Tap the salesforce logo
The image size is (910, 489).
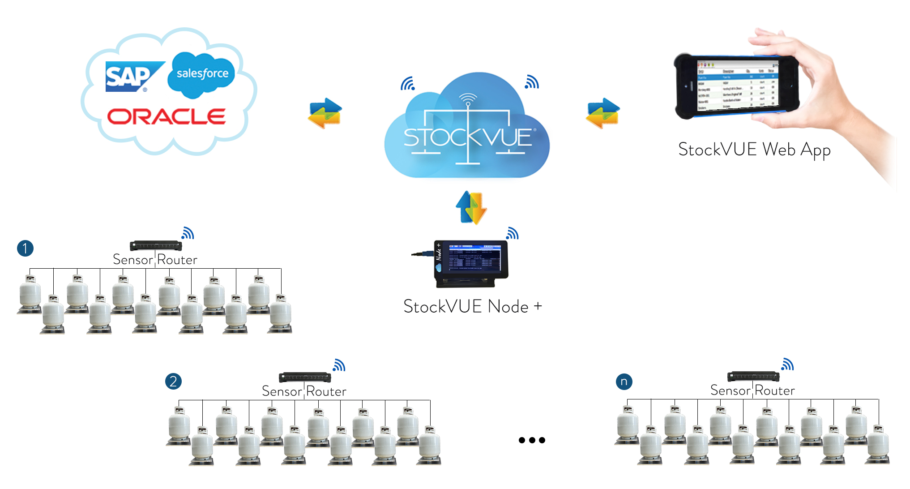click(202, 74)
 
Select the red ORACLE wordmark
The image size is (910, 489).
click(166, 116)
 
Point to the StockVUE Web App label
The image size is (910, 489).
click(754, 150)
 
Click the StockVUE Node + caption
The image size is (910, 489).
click(472, 307)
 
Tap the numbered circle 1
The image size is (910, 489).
click(26, 248)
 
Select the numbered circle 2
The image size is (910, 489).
click(173, 382)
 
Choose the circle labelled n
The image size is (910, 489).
click(624, 382)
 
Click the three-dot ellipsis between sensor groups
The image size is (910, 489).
click(532, 440)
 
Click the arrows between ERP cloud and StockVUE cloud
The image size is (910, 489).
click(325, 113)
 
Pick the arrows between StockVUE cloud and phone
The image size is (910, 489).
click(603, 113)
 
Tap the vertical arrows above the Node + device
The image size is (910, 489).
click(471, 208)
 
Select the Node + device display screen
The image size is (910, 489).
click(474, 258)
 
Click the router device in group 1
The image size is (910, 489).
click(156, 245)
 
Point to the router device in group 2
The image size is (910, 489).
click(305, 377)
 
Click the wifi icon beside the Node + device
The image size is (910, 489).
click(513, 233)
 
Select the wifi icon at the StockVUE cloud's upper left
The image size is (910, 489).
click(408, 84)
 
